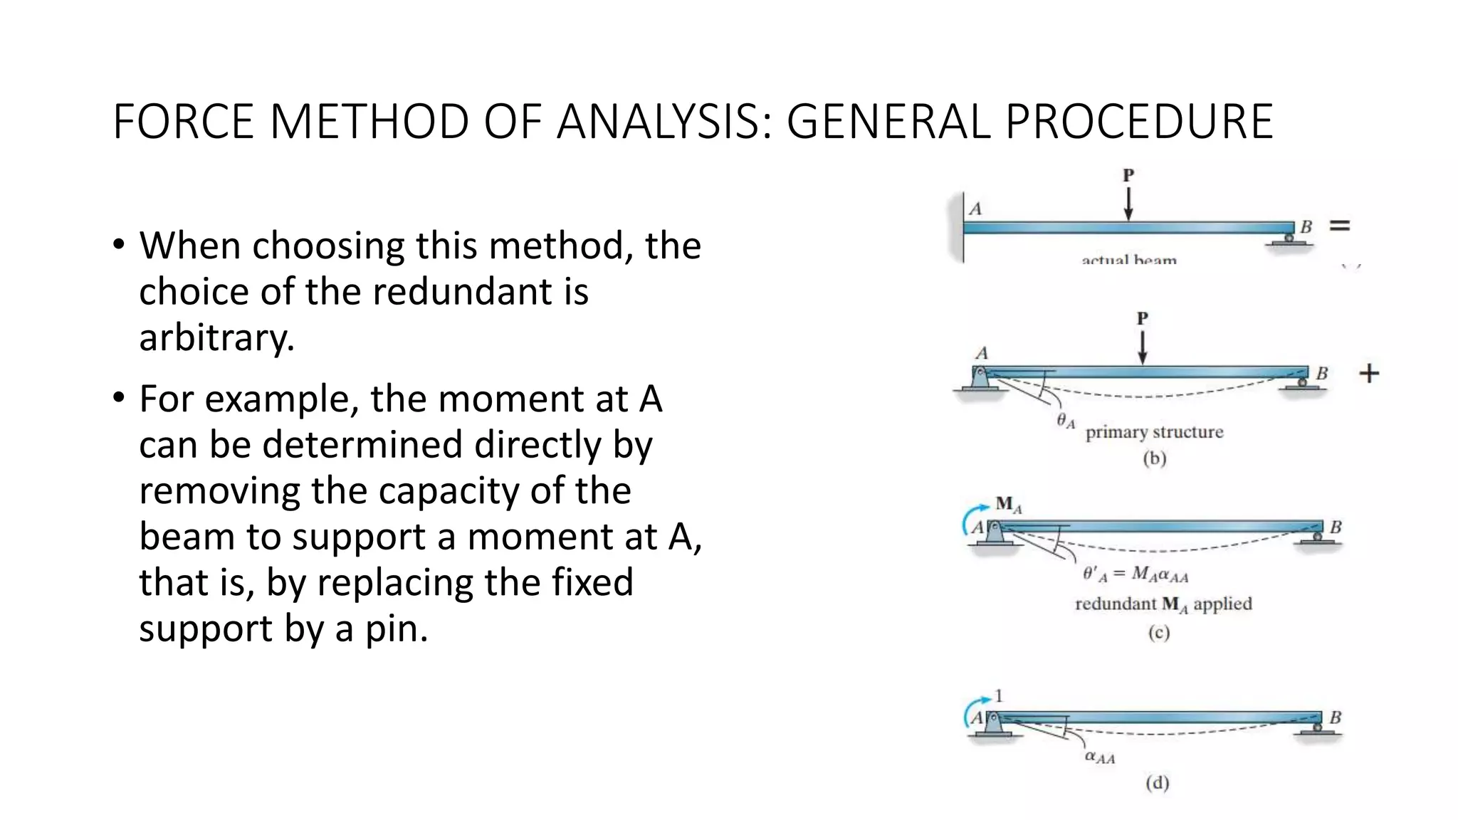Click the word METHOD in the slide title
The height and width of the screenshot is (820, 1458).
click(x=369, y=122)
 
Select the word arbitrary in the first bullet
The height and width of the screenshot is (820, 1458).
click(x=216, y=337)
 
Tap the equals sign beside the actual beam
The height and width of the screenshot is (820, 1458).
click(x=1340, y=226)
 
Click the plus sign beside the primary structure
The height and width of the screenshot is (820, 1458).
click(x=1369, y=374)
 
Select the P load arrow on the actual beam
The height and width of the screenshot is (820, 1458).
click(x=1128, y=203)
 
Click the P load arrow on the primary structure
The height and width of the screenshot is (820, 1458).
click(x=1143, y=347)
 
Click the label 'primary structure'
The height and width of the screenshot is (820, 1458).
click(x=1154, y=432)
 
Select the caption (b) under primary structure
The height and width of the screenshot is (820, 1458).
click(x=1155, y=458)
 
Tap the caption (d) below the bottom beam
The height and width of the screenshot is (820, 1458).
click(x=1158, y=783)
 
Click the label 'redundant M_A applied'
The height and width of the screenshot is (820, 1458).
click(x=1163, y=604)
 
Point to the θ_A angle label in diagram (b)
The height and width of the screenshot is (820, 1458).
click(x=1066, y=421)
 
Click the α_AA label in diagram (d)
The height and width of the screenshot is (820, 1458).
click(x=1100, y=757)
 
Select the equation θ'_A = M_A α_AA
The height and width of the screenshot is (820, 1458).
click(x=1136, y=574)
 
